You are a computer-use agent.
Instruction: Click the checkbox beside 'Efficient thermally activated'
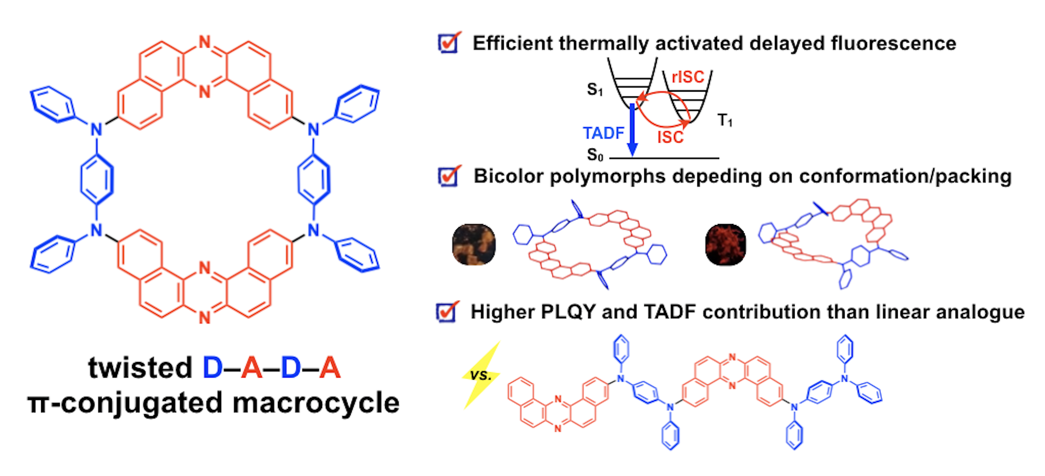coord(449,43)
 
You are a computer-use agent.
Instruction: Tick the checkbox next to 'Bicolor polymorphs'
coord(449,177)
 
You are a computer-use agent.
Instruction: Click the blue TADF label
coord(603,133)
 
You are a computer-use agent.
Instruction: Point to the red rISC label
coord(687,77)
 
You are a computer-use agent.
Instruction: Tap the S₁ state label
coord(595,90)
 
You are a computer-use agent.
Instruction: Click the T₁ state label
coord(725,120)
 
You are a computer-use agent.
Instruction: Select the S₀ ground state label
coord(595,155)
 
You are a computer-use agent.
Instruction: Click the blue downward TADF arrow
coord(632,130)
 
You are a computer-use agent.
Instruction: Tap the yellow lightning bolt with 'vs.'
coord(481,375)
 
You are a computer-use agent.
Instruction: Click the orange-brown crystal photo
coord(474,244)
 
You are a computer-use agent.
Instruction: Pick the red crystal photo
coord(725,244)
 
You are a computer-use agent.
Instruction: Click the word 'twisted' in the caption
coord(140,368)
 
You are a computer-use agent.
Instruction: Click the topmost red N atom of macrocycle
coord(205,42)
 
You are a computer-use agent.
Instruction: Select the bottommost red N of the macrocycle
coord(205,318)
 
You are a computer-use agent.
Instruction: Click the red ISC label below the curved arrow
coord(670,137)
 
